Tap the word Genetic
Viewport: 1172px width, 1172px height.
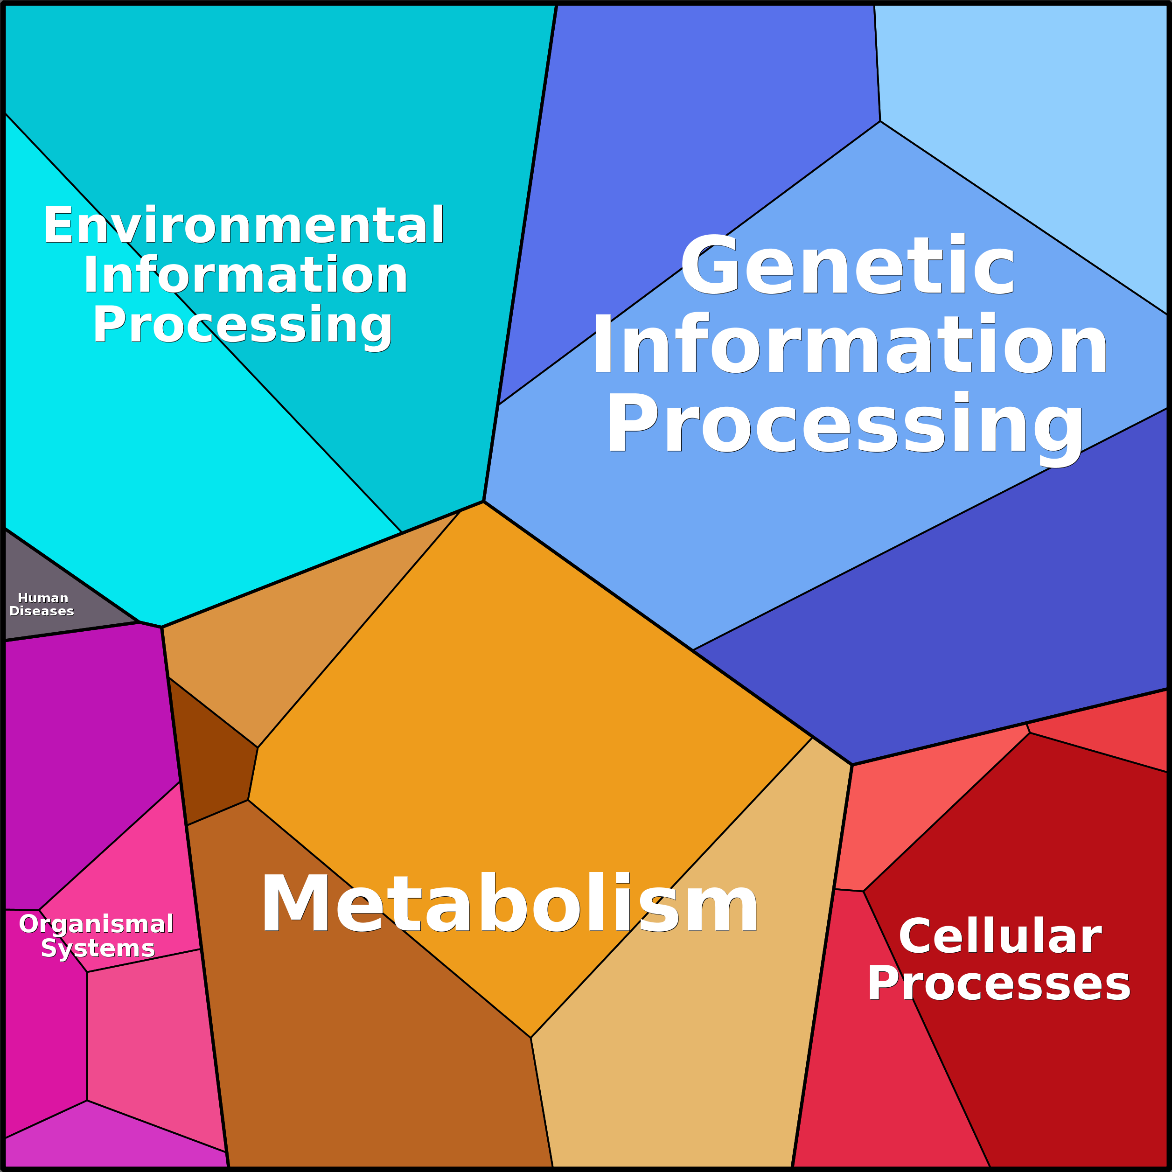tap(847, 266)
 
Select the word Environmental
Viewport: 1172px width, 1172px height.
tap(243, 226)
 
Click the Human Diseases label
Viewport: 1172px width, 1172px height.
tap(42, 604)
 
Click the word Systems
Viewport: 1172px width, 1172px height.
tap(98, 948)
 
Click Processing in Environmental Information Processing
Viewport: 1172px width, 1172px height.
tap(243, 325)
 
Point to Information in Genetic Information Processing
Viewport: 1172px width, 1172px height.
tap(849, 346)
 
